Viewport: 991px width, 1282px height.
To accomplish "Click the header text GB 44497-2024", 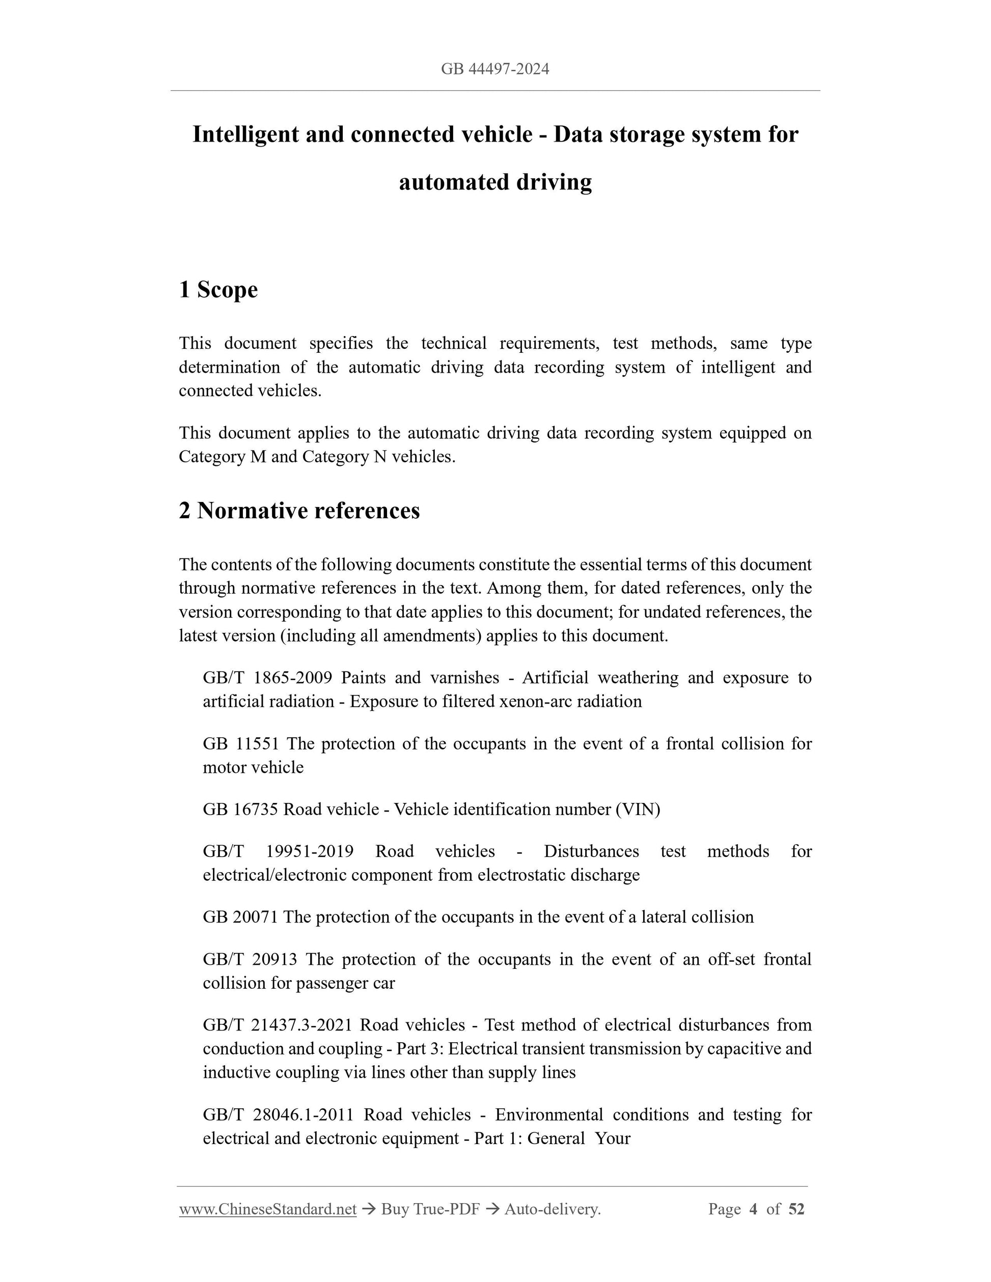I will [x=495, y=69].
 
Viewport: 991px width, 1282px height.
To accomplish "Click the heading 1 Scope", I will [x=218, y=289].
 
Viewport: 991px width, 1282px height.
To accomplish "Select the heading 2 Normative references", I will [x=299, y=511].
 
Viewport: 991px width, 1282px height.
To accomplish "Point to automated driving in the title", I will [x=495, y=182].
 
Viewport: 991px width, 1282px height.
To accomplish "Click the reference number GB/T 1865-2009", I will [x=267, y=677].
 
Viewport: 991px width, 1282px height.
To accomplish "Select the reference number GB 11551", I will [x=241, y=744].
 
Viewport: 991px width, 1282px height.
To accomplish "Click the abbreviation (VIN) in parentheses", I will [x=638, y=810].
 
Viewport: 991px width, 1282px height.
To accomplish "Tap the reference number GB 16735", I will [x=240, y=810].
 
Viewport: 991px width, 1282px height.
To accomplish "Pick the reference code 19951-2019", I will [x=310, y=851].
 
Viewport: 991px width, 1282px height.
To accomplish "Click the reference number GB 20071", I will [x=240, y=917].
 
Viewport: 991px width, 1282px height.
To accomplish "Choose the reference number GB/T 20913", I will [x=250, y=959].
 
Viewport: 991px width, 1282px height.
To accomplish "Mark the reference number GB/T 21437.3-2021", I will [x=277, y=1025].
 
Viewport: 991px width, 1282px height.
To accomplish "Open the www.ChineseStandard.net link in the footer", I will [x=268, y=1209].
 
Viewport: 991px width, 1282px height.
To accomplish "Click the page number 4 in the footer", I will [x=753, y=1209].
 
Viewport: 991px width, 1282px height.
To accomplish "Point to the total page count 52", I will [x=796, y=1209].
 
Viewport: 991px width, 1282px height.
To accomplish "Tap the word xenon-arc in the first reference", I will [x=535, y=702].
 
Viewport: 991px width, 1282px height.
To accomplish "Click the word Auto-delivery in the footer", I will [x=553, y=1209].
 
